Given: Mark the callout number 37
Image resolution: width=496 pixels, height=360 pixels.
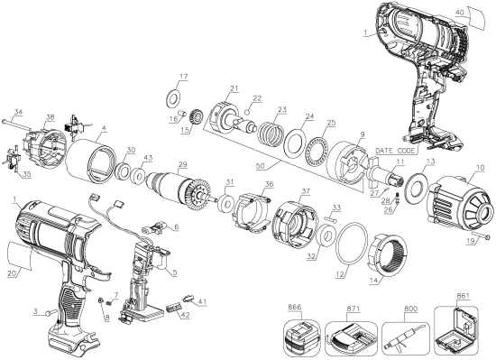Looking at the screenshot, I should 306,192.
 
